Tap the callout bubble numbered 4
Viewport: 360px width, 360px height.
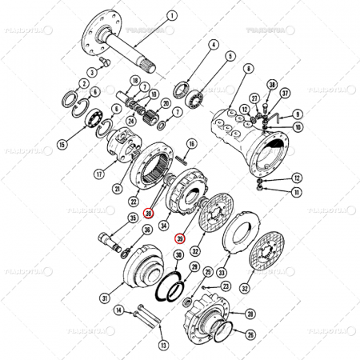tap(214, 46)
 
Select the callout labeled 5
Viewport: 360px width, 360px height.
tap(230, 57)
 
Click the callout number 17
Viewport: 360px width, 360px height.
tap(99, 172)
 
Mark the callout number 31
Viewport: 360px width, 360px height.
tap(104, 298)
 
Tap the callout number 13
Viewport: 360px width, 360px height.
tap(164, 346)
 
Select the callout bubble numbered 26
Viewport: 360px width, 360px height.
tap(250, 334)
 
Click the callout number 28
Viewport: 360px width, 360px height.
tap(250, 314)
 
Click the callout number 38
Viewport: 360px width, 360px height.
tap(273, 84)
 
